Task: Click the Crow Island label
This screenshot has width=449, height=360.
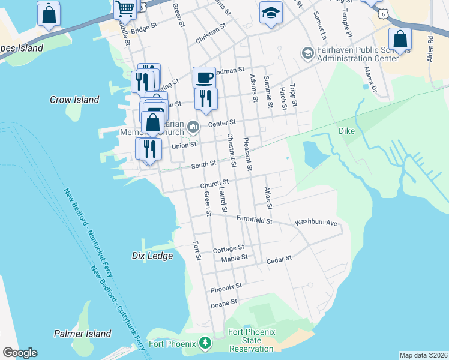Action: tap(74, 100)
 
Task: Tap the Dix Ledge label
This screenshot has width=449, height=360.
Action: tap(152, 256)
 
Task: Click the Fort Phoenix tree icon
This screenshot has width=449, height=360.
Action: tap(206, 343)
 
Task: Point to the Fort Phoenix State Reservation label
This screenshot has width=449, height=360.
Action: tap(252, 340)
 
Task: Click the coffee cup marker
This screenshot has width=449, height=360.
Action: tap(204, 77)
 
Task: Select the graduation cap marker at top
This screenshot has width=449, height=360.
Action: tap(271, 12)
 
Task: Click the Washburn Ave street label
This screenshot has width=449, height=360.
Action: tap(316, 223)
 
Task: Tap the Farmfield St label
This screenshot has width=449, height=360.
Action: tap(255, 220)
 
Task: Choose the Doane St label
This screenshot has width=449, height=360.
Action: tap(224, 305)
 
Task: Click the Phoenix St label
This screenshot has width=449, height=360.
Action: tap(226, 288)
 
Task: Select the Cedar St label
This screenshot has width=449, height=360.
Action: tap(279, 258)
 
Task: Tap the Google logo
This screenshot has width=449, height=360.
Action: tap(20, 353)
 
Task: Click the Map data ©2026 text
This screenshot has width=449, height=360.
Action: tap(423, 355)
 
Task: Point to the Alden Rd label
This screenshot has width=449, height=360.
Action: tap(430, 49)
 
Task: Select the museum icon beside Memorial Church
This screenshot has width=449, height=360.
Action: tap(193, 125)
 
